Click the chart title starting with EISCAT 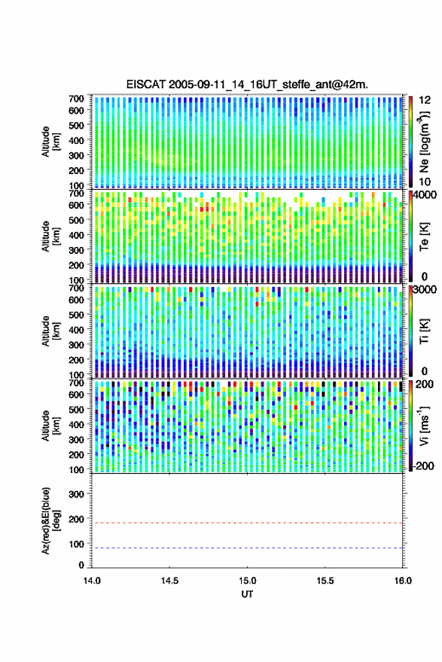coord(247,84)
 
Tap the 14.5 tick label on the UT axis coord(169,581)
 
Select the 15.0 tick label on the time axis coord(248,581)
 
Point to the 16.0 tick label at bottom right coord(403,581)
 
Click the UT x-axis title coord(247,594)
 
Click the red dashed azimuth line coord(248,523)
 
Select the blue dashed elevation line coord(248,548)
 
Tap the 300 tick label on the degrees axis coord(76,494)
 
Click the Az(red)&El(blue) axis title coord(50,520)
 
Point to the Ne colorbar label coord(424,142)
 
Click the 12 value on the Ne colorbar coord(425,100)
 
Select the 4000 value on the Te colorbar coord(425,196)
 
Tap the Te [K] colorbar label coord(424,236)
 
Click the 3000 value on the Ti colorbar coord(425,290)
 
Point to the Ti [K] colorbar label coord(424,331)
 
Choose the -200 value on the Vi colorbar coord(424,465)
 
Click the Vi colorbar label coord(424,426)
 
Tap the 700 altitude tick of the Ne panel coord(76,99)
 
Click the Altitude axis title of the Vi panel coord(50,426)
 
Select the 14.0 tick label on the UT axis coord(92,581)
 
